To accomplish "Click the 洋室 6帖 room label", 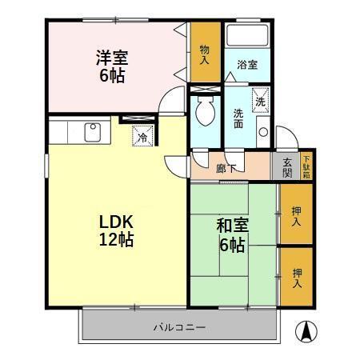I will tap(112, 67).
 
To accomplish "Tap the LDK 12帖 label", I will tap(115, 230).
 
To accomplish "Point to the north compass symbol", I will tap(306, 330).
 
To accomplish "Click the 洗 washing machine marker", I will tap(260, 102).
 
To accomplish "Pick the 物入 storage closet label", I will tap(204, 54).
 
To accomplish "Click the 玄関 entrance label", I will tap(287, 167).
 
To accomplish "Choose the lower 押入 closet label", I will tap(295, 276).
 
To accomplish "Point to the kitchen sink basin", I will tap(91, 130).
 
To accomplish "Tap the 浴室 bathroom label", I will tap(246, 66).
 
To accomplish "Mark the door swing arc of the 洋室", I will tap(170, 102).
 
